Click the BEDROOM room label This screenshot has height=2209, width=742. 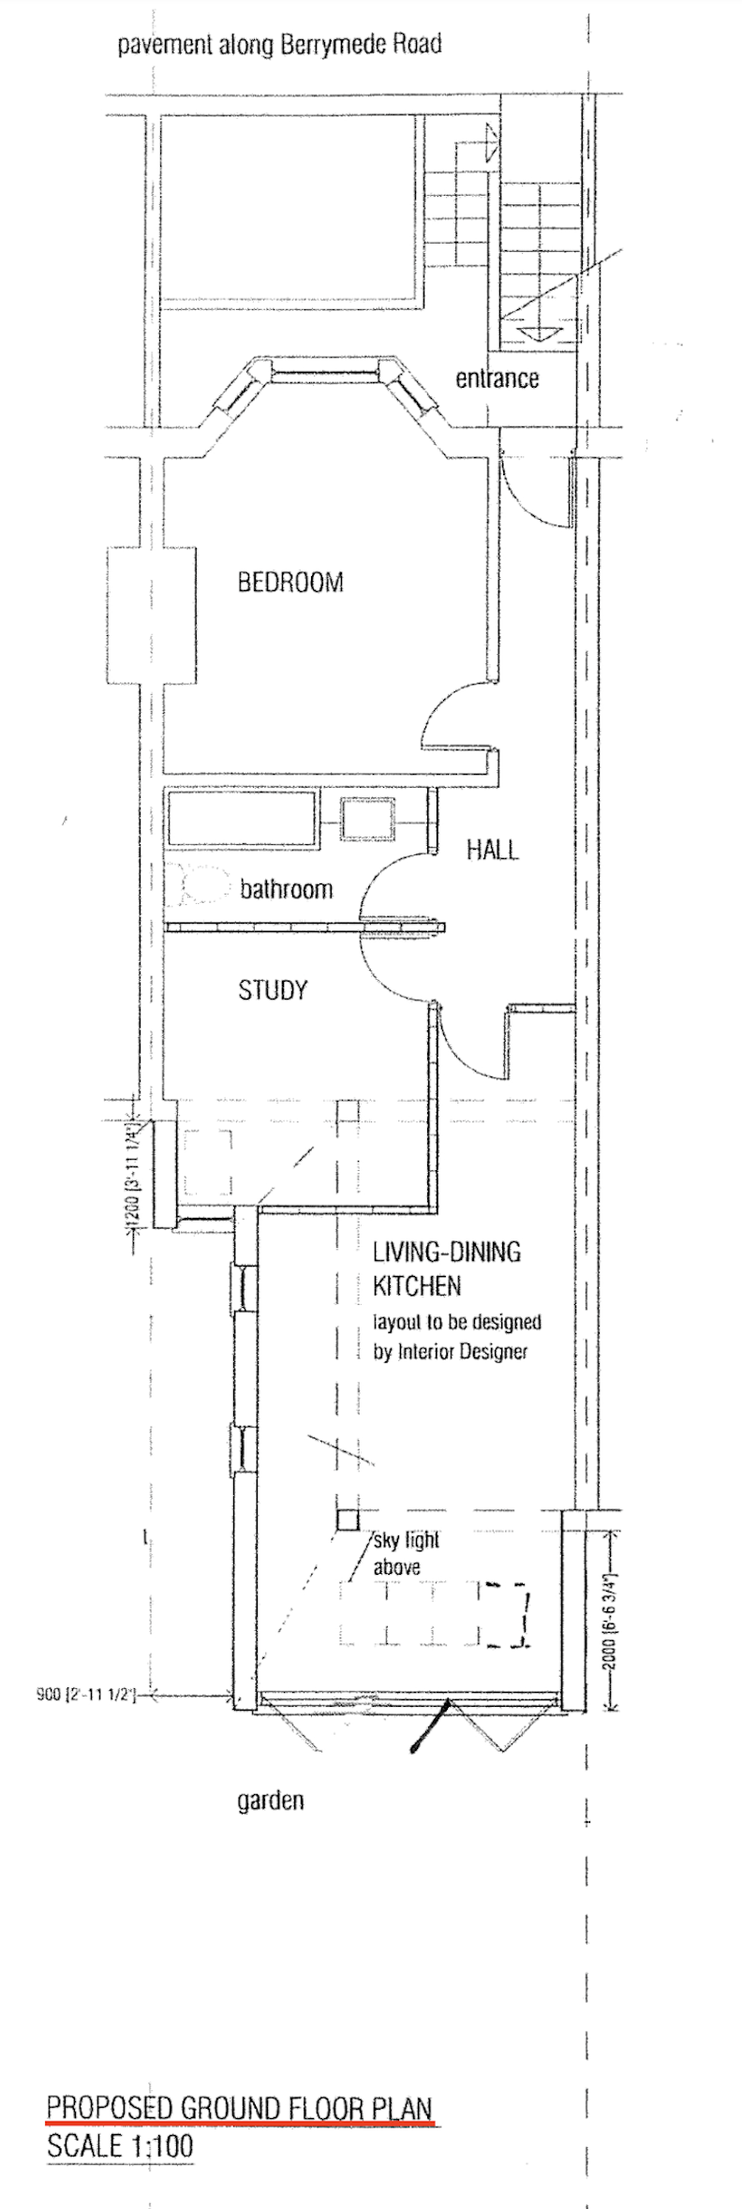tap(290, 583)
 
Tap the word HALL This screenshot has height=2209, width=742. tap(492, 851)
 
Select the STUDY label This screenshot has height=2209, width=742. tap(273, 990)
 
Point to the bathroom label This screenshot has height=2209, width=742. tap(286, 889)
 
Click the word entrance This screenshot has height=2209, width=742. tap(497, 379)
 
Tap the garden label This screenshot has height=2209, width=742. tap(270, 1801)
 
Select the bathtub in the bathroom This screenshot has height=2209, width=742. tap(242, 819)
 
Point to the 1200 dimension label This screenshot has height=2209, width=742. tap(133, 1175)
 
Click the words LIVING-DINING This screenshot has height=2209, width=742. tap(446, 1253)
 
